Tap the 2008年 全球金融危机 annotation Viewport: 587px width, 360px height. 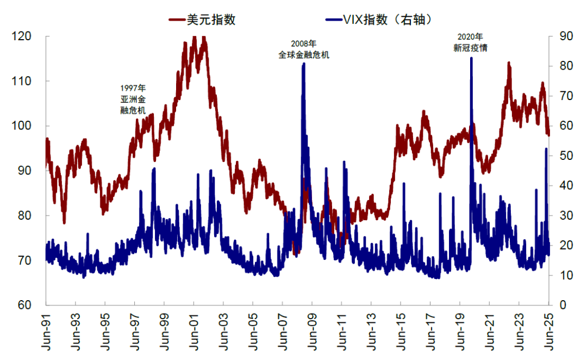(x=303, y=49)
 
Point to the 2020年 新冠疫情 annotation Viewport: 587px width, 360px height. (x=470, y=42)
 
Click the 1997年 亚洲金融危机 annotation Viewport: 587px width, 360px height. (x=133, y=99)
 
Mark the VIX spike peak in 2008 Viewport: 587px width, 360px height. (x=303, y=64)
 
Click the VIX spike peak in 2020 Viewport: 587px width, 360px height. (x=471, y=58)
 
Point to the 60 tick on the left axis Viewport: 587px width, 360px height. (x=24, y=305)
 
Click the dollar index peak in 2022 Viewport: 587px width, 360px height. (x=509, y=63)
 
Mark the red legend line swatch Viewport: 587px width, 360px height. (x=177, y=20)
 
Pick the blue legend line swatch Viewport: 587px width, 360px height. (x=333, y=20)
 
